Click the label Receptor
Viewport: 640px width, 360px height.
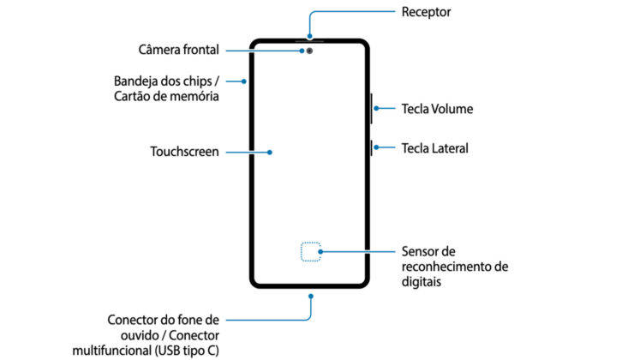pyautogui.click(x=426, y=12)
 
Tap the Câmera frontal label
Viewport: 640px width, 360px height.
pyautogui.click(x=178, y=49)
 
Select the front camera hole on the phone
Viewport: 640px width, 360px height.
pyautogui.click(x=309, y=50)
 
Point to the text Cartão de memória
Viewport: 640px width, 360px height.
pyautogui.click(x=164, y=97)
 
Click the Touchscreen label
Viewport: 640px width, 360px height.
pyautogui.click(x=184, y=152)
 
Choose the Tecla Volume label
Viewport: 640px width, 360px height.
pyautogui.click(x=437, y=109)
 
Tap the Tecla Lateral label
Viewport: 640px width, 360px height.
pyautogui.click(x=434, y=148)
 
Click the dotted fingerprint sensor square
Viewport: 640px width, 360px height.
pyautogui.click(x=310, y=251)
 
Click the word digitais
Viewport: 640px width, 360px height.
pyautogui.click(x=422, y=281)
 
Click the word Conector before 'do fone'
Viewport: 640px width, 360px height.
pyautogui.click(x=133, y=319)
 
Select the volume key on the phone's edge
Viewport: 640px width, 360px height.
pyautogui.click(x=371, y=109)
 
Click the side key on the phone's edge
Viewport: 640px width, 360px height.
pyautogui.click(x=371, y=148)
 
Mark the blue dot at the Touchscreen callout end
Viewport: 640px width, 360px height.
pyautogui.click(x=270, y=152)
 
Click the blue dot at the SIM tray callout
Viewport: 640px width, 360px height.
pyautogui.click(x=245, y=81)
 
